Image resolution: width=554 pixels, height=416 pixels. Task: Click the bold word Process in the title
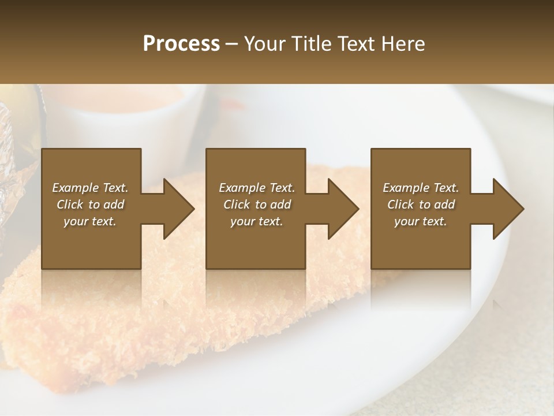(x=181, y=44)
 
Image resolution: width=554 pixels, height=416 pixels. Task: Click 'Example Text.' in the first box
(x=91, y=188)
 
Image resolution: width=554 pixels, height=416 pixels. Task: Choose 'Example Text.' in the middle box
(x=257, y=188)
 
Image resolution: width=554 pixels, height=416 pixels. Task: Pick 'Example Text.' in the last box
(x=421, y=188)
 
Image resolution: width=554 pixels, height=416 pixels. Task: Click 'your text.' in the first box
(x=91, y=221)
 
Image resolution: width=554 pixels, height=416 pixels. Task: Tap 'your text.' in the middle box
(x=257, y=221)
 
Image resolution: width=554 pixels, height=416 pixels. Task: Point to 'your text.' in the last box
(x=421, y=221)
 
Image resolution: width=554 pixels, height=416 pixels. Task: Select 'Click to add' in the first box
(x=91, y=205)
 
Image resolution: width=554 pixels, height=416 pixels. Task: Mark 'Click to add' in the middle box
(x=257, y=205)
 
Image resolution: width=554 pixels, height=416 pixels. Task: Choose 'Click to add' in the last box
(x=421, y=205)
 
